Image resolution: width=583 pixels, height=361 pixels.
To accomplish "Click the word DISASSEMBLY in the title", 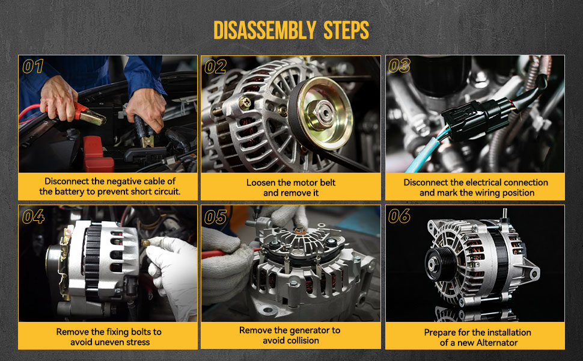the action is [x=264, y=30].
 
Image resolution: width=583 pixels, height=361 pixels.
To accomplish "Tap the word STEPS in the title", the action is [x=346, y=30].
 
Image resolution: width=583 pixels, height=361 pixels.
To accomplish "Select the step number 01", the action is [x=33, y=66].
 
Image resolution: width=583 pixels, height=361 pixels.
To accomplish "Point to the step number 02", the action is [x=215, y=67].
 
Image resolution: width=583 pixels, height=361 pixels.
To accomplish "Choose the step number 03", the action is [x=399, y=66].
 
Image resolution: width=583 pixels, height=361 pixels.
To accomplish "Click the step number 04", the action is [x=33, y=216].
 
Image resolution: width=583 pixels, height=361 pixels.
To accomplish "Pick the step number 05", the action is [x=215, y=217].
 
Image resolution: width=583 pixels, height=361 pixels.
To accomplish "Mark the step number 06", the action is [x=399, y=216].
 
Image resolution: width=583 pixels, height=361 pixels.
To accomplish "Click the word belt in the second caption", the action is [x=327, y=182].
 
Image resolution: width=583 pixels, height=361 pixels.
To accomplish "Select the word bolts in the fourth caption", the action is [x=139, y=332].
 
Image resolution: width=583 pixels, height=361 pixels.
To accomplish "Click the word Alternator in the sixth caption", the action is [x=497, y=342].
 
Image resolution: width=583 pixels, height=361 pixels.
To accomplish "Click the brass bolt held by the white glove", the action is [x=145, y=244].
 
